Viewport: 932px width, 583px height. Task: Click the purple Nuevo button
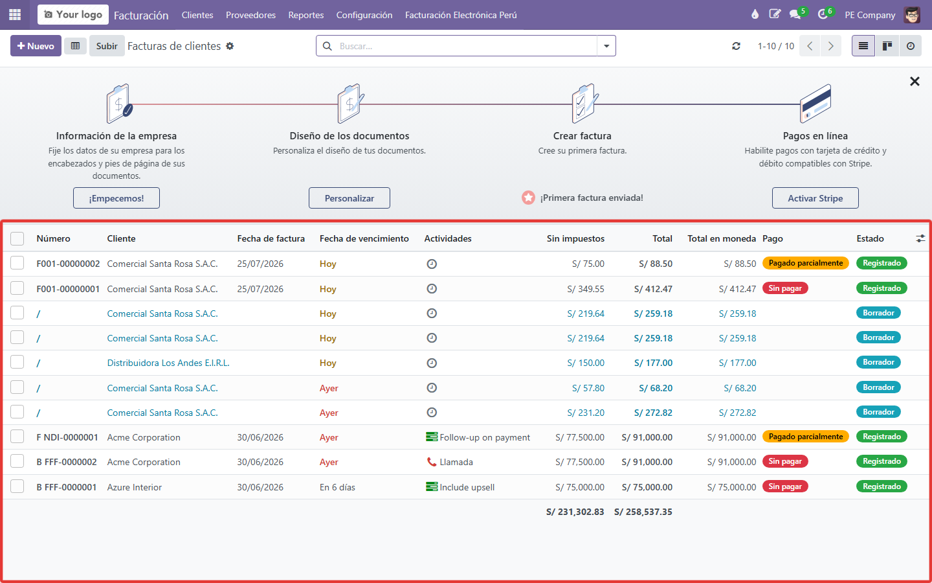36,46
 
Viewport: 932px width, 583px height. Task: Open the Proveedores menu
250,15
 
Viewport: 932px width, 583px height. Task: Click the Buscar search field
466,46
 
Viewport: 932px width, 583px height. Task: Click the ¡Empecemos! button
116,198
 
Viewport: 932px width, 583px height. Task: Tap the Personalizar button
349,198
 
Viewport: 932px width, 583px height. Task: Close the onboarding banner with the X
915,81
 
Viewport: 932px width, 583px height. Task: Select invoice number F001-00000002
68,264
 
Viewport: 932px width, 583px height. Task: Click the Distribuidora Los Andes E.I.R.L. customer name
168,363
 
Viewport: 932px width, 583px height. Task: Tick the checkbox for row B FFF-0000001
17,486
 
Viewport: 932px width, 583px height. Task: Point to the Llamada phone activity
450,462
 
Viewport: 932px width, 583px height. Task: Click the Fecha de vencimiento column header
364,238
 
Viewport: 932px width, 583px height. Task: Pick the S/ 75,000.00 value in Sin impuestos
580,487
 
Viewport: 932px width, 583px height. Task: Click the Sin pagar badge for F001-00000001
785,288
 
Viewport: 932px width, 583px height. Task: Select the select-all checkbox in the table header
17,238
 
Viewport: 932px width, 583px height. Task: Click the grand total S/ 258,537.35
643,512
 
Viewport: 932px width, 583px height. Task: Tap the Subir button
107,46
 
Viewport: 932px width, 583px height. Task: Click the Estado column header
870,238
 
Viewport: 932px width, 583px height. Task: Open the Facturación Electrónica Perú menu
461,15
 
